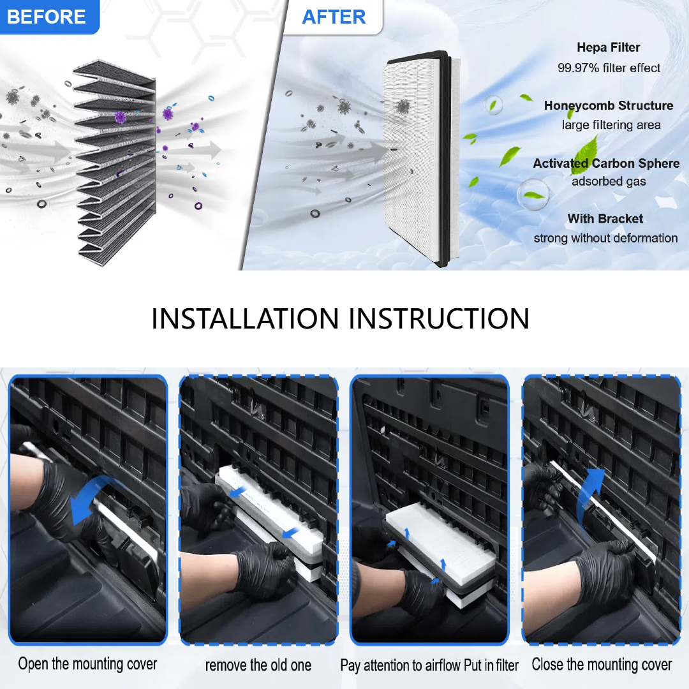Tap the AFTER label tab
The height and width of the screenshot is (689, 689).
[334, 17]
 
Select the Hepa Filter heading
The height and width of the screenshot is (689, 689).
[608, 47]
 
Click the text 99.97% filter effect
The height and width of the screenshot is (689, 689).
[609, 68]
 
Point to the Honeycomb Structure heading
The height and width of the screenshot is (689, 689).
[609, 106]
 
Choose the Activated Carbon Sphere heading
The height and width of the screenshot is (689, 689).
[606, 163]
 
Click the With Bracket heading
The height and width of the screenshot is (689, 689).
[605, 218]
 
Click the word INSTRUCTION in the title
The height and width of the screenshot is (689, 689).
[439, 318]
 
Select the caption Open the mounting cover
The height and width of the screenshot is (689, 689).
[87, 664]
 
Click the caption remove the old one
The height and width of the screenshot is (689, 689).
[258, 665]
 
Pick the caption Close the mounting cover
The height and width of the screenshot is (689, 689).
[602, 664]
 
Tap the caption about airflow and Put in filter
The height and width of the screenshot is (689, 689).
[429, 665]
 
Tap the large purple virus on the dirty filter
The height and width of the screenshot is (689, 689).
[120, 117]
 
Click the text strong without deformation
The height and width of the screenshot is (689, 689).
[605, 238]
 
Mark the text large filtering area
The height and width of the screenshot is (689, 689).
[611, 125]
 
